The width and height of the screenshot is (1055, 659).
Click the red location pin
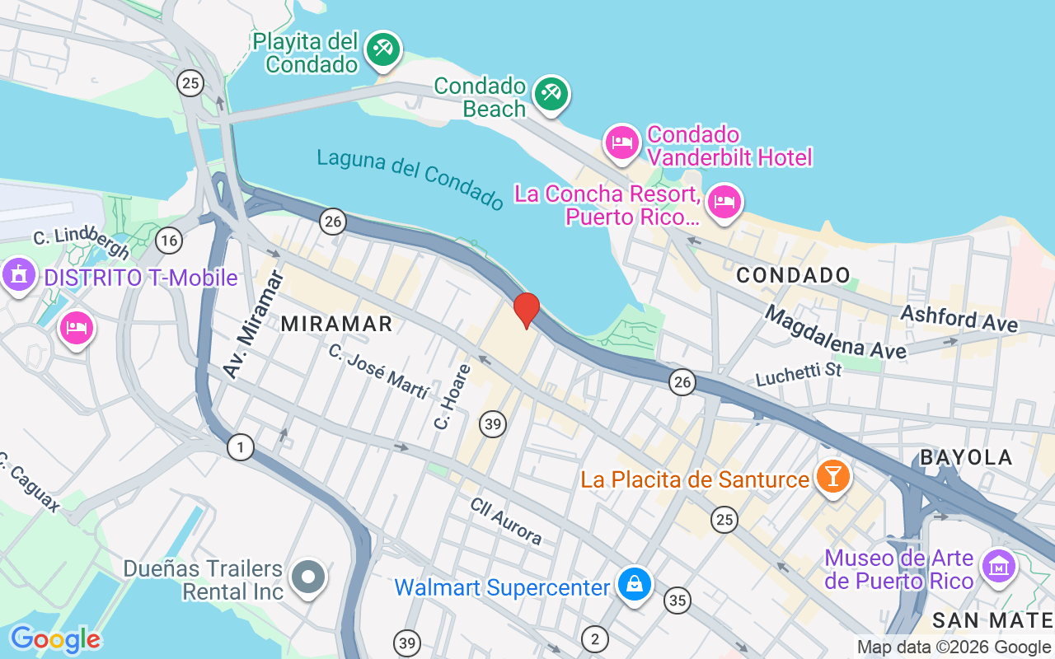point(526,310)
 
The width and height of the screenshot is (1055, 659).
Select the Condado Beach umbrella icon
point(551,93)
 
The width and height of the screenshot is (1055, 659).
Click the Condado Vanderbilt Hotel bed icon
point(622,143)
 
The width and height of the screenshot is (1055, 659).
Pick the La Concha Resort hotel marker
point(724,201)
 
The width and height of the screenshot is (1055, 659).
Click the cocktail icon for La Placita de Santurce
point(832,476)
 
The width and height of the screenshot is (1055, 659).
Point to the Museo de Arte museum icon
point(999,566)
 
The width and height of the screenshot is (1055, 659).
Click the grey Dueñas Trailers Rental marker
point(309,577)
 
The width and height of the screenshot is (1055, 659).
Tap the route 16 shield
point(169,240)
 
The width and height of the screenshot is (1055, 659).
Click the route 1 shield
point(240,447)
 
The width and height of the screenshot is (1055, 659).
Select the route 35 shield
point(678,601)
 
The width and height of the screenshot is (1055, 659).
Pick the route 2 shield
point(593,638)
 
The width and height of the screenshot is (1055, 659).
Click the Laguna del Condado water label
point(410,178)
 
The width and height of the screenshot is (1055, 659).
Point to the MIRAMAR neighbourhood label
point(336,324)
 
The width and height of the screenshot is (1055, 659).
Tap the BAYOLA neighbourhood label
point(966,457)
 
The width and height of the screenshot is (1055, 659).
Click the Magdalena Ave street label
point(835,331)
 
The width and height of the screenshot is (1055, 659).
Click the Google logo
point(54,639)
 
